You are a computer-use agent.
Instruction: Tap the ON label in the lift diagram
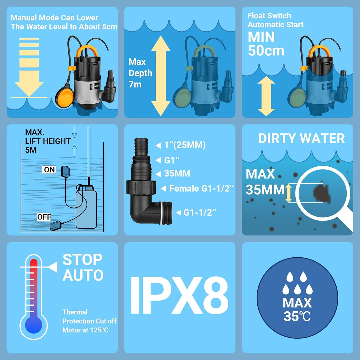(x=49, y=170)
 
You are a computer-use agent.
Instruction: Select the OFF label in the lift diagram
(x=44, y=217)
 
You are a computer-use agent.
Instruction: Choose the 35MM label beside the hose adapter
(x=177, y=174)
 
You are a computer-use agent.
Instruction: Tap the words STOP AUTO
(x=83, y=268)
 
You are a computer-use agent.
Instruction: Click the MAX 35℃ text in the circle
(x=297, y=309)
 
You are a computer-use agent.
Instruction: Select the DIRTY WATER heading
(x=301, y=138)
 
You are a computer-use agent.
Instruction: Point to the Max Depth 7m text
(x=140, y=73)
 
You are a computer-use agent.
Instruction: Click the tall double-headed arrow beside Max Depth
(x=161, y=76)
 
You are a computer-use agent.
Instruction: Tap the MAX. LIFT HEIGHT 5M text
(x=48, y=141)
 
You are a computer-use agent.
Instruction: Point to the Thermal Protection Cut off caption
(x=89, y=321)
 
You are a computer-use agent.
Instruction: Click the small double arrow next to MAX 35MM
(x=289, y=194)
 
